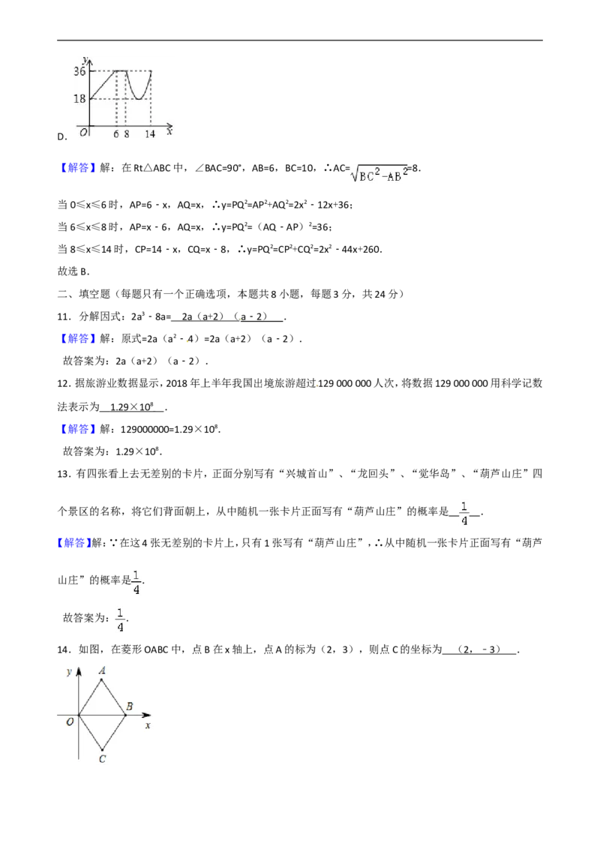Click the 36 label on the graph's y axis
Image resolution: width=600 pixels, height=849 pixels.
79,71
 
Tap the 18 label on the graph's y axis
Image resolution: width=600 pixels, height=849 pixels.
79,98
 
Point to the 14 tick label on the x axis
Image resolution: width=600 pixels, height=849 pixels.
149,133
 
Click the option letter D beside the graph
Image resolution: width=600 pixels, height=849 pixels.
62,136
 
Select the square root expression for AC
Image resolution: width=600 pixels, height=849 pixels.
379,172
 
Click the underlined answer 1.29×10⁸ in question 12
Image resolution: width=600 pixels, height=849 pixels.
131,406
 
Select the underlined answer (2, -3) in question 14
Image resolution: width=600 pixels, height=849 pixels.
480,649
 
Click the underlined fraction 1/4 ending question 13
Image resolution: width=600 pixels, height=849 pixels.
464,512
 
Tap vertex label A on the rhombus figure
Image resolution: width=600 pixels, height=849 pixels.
102,670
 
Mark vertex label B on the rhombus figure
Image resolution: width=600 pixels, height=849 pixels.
130,706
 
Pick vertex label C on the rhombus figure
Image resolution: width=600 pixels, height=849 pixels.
102,759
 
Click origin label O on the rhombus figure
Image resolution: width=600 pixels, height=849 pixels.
70,721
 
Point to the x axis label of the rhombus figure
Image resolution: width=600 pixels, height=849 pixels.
148,725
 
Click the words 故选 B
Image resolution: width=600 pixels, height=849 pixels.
73,271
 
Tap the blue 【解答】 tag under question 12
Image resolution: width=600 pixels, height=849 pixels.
73,429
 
